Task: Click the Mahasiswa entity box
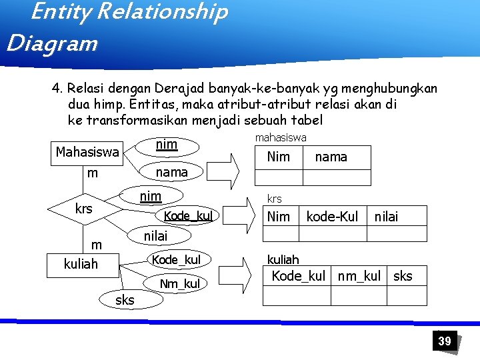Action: pyautogui.click(x=87, y=153)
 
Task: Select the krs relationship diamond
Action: pyautogui.click(x=84, y=209)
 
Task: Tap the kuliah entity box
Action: pyautogui.click(x=81, y=264)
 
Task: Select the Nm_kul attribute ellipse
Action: pyautogui.click(x=180, y=285)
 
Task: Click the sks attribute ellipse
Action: pyautogui.click(x=125, y=300)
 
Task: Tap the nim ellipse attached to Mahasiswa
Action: pyautogui.click(x=166, y=145)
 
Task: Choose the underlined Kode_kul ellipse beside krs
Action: pyautogui.click(x=188, y=216)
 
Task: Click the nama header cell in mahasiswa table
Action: pyautogui.click(x=331, y=157)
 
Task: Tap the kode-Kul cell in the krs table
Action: pyautogui.click(x=332, y=216)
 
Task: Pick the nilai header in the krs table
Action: pyautogui.click(x=387, y=216)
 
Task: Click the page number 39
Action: pyautogui.click(x=444, y=341)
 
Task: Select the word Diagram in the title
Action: pyautogui.click(x=52, y=44)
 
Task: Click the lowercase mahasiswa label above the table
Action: pyautogui.click(x=281, y=137)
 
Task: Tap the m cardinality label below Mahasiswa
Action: pyautogui.click(x=93, y=173)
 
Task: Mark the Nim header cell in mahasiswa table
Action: pyautogui.click(x=278, y=157)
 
